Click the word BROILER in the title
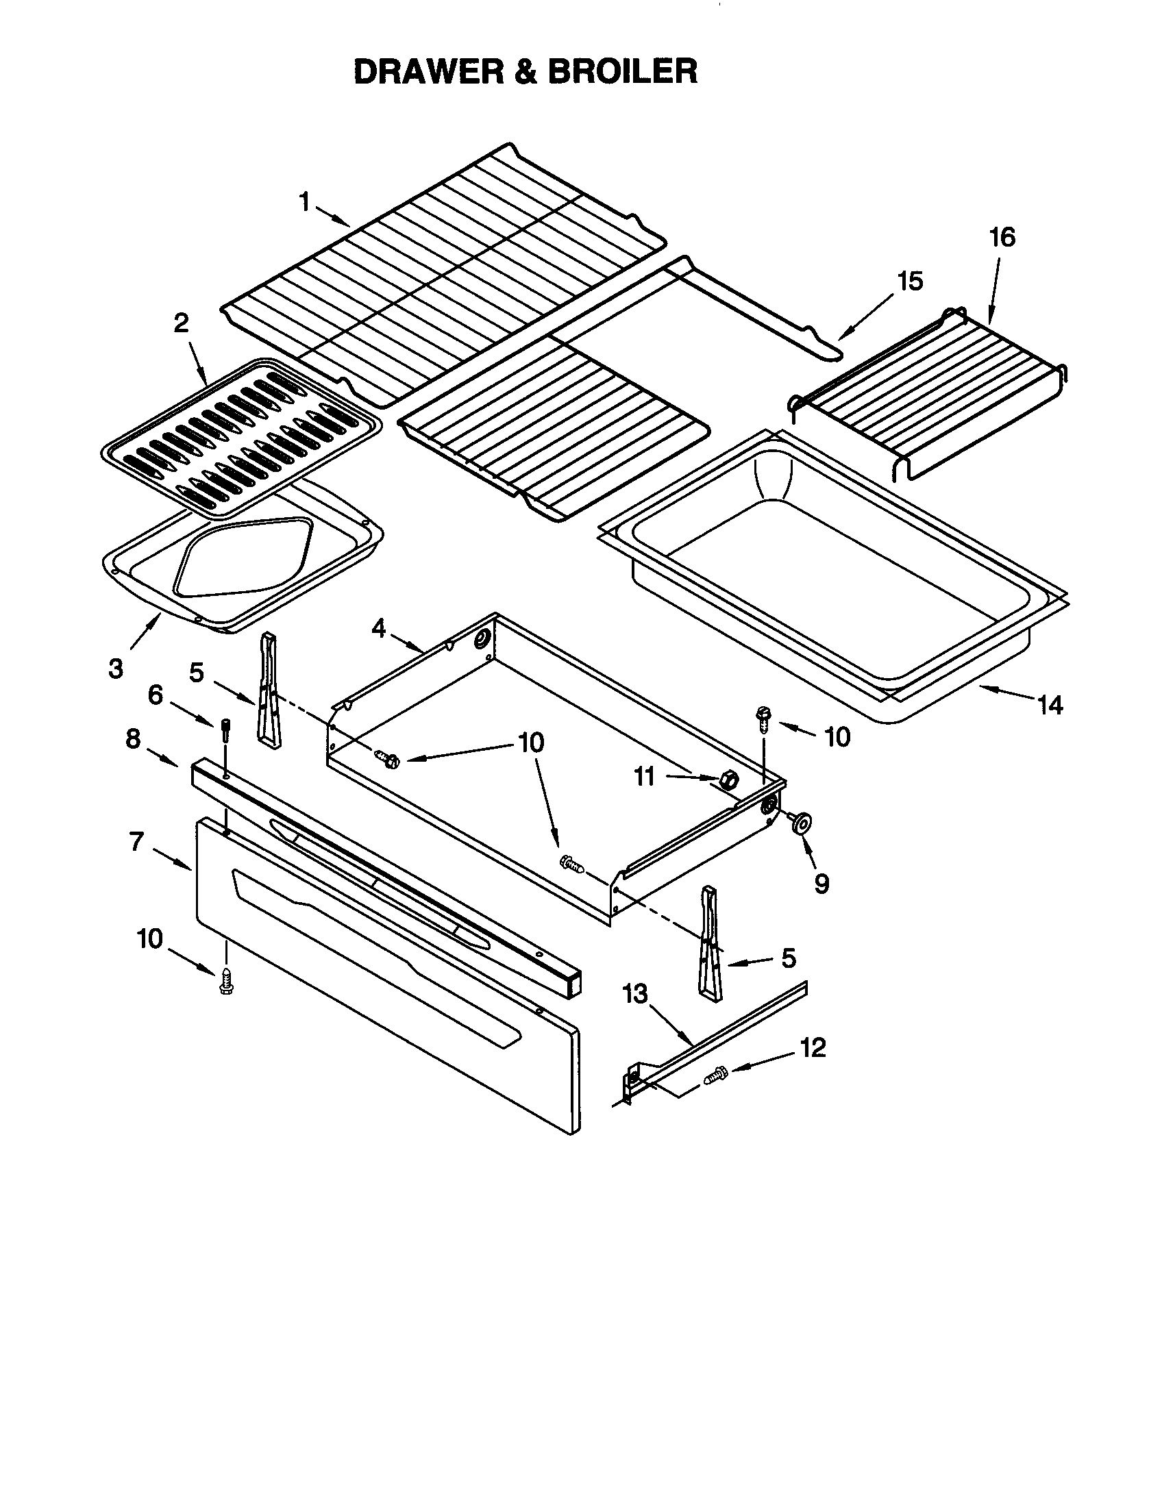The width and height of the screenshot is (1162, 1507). click(623, 72)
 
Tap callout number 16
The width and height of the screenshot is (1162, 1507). click(1002, 238)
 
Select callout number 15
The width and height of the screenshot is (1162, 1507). click(909, 282)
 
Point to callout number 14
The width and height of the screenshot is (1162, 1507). click(1050, 705)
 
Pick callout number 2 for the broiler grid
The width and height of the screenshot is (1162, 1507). click(181, 323)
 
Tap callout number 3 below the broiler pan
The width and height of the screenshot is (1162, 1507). click(116, 668)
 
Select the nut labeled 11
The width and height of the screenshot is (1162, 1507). click(729, 780)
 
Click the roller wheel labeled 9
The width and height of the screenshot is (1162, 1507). click(802, 823)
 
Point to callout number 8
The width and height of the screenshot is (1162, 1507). click(132, 738)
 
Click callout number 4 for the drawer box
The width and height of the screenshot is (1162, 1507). click(378, 628)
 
